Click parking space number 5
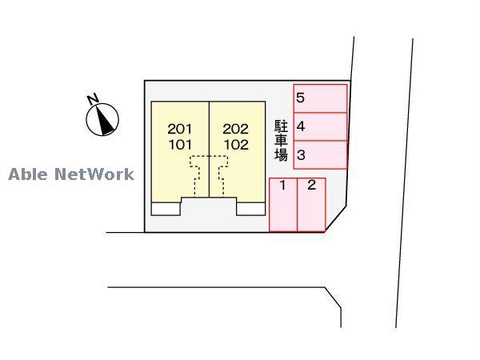pos(320,98)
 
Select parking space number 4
pos(320,126)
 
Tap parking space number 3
pos(320,154)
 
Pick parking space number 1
pos(283,204)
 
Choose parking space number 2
pos(311,204)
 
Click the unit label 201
pos(180,129)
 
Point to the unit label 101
pos(180,146)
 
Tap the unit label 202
pos(236,129)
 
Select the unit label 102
pos(236,146)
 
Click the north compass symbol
pos(102,119)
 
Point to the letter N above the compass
pos(93,99)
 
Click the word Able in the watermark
pos(27,174)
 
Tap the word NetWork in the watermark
pos(94,174)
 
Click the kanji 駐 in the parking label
pos(281,126)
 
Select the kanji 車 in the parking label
pos(281,141)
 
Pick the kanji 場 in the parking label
pos(281,155)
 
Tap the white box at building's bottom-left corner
pos(166,209)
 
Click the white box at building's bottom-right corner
pos(250,209)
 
